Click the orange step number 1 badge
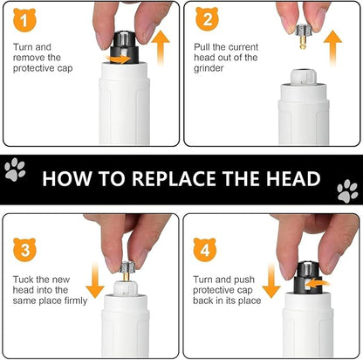click(24, 20)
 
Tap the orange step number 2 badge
click(207, 19)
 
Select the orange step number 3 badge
click(24, 250)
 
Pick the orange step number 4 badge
click(205, 250)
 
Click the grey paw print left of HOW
click(15, 170)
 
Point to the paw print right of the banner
click(347, 190)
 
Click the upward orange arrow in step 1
click(161, 48)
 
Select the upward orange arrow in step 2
click(332, 48)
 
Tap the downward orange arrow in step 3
click(95, 280)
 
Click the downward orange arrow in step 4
click(271, 280)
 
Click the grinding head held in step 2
click(304, 37)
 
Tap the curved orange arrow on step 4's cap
click(318, 283)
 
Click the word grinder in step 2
click(209, 68)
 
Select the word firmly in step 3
click(76, 301)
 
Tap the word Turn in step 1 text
click(22, 47)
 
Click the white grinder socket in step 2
click(304, 77)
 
